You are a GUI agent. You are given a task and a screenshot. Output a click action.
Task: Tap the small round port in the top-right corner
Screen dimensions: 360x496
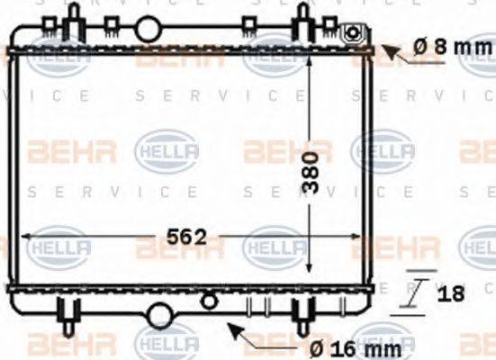354,36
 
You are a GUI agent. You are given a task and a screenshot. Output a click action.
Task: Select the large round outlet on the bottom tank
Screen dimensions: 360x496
160,315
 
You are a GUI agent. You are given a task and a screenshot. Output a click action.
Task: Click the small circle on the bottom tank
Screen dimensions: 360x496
209,300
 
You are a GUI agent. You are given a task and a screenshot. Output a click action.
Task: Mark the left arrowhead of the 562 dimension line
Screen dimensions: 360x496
25,237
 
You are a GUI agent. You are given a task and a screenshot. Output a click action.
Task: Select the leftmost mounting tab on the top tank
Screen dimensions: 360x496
68,24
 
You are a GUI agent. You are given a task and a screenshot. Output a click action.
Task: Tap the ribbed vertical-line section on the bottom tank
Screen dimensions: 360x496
257,306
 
